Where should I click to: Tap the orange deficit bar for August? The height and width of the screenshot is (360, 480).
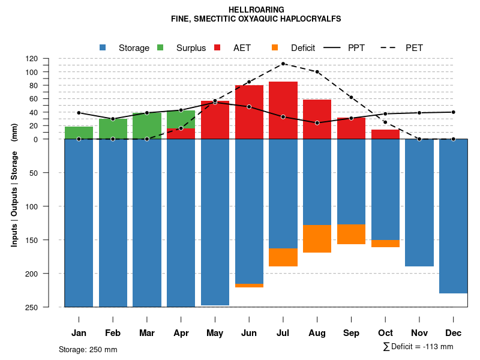click(317, 239)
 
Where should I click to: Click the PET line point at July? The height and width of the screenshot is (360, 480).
click(283, 64)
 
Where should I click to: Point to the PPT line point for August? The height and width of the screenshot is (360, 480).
click(317, 123)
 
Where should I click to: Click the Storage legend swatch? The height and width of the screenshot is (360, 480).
click(103, 47)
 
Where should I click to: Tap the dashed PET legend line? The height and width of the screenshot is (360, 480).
click(389, 47)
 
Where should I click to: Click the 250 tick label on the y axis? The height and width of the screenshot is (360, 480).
click(48, 307)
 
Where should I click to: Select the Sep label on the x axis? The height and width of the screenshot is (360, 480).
click(351, 333)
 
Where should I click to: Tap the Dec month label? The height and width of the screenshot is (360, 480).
click(454, 333)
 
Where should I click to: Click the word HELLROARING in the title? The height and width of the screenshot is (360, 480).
click(256, 10)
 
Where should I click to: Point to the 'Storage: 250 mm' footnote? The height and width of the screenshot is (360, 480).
click(88, 349)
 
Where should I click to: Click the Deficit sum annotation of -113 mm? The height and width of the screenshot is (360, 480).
click(418, 347)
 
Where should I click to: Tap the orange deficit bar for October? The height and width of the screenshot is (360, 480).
click(385, 244)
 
